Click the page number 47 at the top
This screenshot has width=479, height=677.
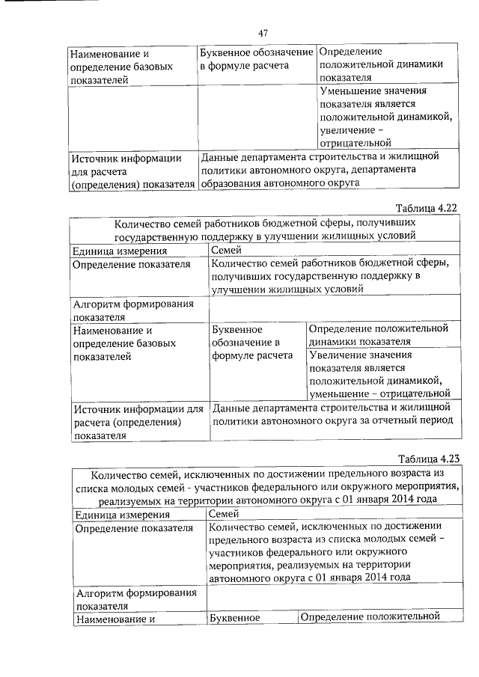pyautogui.click(x=263, y=33)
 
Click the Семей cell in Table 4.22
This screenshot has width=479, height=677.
pyautogui.click(x=226, y=251)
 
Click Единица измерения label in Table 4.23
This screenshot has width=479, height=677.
pyautogui.click(x=122, y=514)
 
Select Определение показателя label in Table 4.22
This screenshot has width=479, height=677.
pyautogui.click(x=130, y=264)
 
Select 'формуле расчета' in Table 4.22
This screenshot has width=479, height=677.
pyautogui.click(x=252, y=356)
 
